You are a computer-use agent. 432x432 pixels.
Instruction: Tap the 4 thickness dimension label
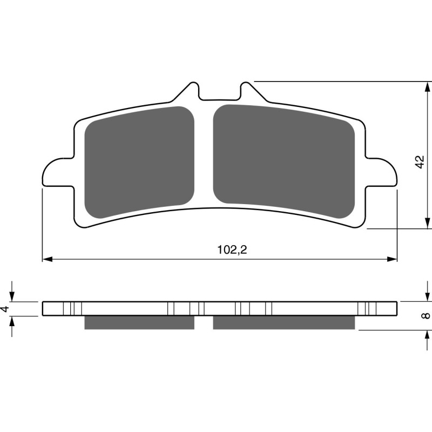click(x=5, y=308)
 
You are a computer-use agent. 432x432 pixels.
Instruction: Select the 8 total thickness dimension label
click(x=427, y=315)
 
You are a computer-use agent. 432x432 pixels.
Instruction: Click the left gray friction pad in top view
click(x=140, y=161)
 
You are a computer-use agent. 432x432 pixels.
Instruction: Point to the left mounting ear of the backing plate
click(x=56, y=173)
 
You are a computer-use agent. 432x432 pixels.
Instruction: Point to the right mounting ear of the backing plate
click(x=383, y=173)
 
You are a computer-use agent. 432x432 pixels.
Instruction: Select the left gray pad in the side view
click(x=139, y=322)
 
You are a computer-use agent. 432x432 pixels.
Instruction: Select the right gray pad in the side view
click(x=284, y=322)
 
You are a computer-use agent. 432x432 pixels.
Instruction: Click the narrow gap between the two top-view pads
click(x=204, y=157)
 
